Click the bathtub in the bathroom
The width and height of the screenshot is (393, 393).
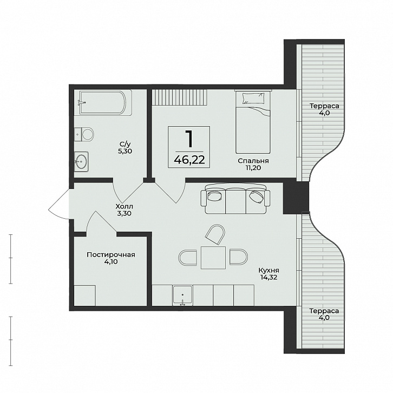click(x=106, y=103)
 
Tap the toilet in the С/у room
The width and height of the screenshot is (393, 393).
click(x=84, y=134)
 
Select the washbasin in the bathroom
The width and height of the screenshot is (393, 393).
click(x=81, y=161)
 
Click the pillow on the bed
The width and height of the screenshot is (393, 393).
click(x=253, y=98)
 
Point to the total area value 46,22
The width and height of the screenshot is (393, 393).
click(x=189, y=159)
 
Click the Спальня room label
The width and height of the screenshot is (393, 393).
click(x=253, y=161)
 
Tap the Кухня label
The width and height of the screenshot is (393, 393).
click(x=268, y=271)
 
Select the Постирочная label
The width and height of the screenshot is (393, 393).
click(x=111, y=254)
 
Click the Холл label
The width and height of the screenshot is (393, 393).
click(x=125, y=207)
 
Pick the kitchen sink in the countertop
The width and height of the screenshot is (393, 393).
click(x=182, y=295)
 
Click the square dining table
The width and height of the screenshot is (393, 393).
click(x=213, y=258)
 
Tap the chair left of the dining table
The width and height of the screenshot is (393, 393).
click(x=188, y=258)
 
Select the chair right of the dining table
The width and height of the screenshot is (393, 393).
click(x=239, y=257)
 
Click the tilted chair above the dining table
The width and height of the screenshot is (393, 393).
click(x=215, y=234)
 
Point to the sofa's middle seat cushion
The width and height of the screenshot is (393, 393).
click(x=235, y=201)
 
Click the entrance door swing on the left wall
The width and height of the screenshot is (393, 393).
click(x=59, y=204)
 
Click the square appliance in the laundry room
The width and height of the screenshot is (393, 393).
click(x=84, y=296)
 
